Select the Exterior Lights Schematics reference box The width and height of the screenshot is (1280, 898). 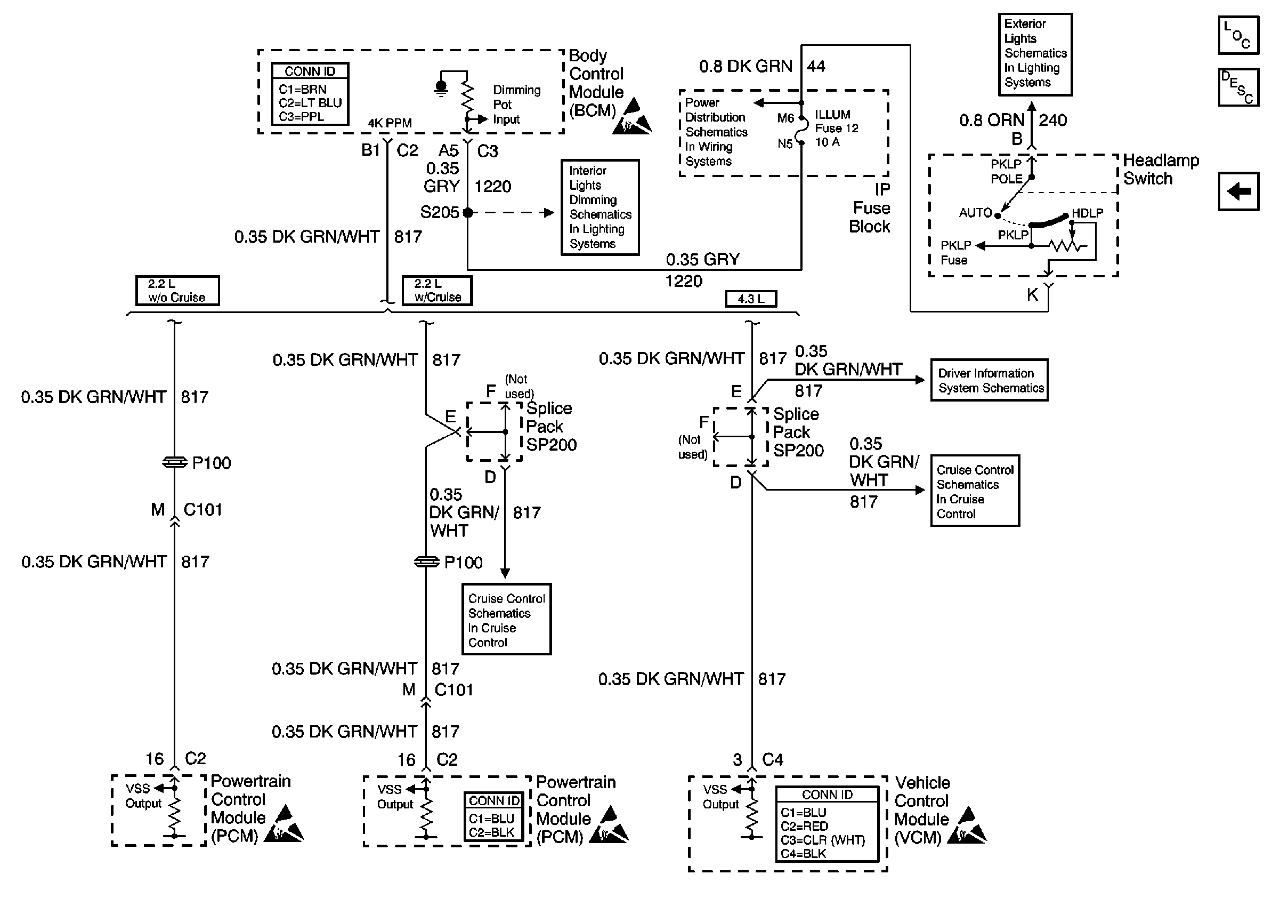1035,54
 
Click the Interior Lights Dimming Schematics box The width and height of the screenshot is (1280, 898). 600,207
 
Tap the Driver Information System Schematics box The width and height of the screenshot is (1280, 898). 989,380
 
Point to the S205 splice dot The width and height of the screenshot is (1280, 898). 468,213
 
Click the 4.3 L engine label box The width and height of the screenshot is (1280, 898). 750,299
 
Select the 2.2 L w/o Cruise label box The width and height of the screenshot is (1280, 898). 177,291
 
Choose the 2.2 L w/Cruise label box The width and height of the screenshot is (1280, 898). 437,291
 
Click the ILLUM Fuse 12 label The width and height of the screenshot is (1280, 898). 836,129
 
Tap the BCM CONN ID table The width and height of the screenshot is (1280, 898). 310,94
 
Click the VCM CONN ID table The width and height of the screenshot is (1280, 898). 827,824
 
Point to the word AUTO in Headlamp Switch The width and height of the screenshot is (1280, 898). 975,213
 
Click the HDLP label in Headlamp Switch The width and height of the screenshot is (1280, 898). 1087,213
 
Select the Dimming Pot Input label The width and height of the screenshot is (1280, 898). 516,105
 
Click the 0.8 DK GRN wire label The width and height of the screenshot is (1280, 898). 746,66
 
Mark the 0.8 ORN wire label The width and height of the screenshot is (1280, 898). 991,120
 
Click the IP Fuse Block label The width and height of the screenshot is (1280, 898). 870,208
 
